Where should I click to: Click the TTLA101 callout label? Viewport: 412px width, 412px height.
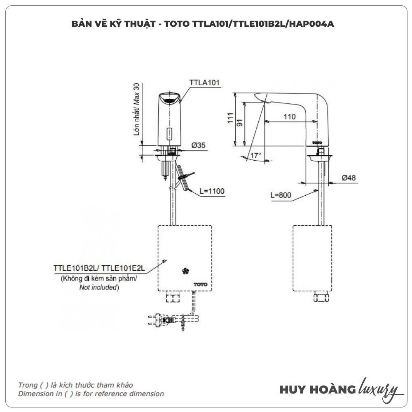(205, 82)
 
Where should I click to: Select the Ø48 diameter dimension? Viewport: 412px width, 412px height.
(349, 178)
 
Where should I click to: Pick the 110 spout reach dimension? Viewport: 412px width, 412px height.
(290, 117)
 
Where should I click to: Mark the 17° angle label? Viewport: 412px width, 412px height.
(255, 156)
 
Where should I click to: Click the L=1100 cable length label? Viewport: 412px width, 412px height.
(212, 191)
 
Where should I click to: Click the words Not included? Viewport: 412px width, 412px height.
(98, 288)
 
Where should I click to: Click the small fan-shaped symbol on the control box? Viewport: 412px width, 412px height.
(185, 271)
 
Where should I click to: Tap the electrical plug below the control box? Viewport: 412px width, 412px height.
(159, 319)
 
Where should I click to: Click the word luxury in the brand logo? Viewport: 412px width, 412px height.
(379, 389)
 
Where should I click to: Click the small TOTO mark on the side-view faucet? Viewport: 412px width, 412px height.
(317, 142)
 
